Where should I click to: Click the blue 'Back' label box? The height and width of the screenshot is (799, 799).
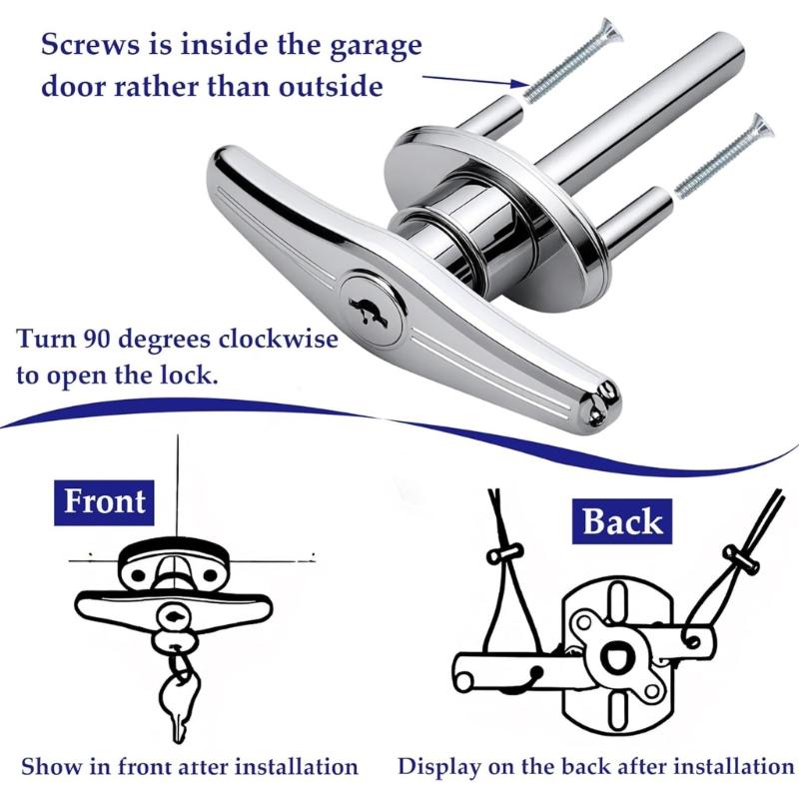[x=622, y=519]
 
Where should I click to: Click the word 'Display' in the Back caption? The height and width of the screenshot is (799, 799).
[x=436, y=767]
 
